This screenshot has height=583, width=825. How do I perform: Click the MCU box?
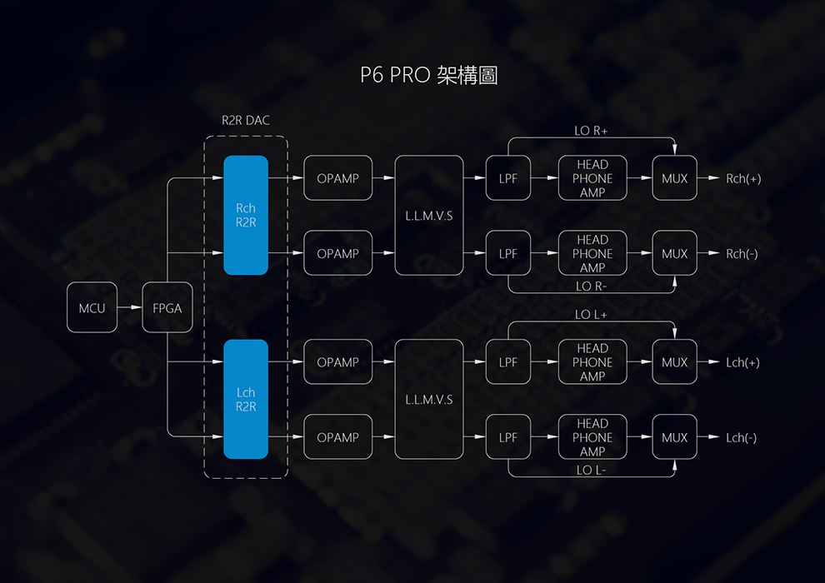coord(92,307)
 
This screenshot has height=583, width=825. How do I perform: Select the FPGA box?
coord(167,307)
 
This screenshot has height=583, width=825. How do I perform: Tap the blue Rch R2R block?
coord(246,215)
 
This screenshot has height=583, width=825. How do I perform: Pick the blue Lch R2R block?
coord(246,399)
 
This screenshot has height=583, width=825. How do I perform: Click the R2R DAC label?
coord(246,121)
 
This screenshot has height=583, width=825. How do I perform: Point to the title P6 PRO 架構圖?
coord(429,76)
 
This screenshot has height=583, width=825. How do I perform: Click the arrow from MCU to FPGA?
coord(130,307)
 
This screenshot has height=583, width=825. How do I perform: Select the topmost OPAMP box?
coord(337,178)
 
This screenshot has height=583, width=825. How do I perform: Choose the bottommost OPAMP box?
coord(337,437)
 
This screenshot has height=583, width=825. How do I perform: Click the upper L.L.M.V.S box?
coord(428,215)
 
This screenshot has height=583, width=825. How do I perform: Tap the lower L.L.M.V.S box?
coord(428,399)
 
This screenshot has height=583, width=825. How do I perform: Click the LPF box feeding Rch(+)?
coord(508,178)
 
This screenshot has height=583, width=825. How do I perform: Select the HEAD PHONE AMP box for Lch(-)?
coord(592,437)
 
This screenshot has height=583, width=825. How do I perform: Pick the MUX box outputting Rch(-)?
coord(675,253)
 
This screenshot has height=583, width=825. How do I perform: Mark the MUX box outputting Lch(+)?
coord(675,362)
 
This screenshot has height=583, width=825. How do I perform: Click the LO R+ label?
coord(592,131)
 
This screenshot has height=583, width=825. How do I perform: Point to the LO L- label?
coord(592,471)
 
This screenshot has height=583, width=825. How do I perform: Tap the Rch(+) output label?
coord(743,178)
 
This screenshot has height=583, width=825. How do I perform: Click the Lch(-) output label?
coord(742,437)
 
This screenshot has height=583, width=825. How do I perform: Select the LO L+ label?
coord(592,315)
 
